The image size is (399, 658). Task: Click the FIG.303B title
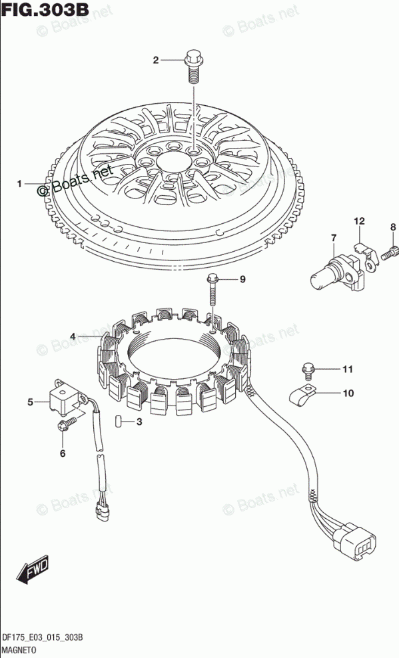tap(45, 9)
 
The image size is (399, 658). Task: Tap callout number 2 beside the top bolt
tap(156, 61)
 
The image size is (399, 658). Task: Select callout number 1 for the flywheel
tap(19, 184)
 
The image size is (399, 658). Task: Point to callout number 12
tap(359, 221)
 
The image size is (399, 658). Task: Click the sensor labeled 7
tap(336, 273)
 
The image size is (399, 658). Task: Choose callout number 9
tap(242, 280)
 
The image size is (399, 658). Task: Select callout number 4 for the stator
tap(73, 336)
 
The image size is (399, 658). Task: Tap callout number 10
tap(348, 393)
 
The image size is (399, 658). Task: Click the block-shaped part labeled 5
tap(67, 396)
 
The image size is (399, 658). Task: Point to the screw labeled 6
tap(67, 423)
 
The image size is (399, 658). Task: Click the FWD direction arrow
tap(33, 570)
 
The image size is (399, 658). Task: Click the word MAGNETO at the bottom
tap(16, 649)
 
